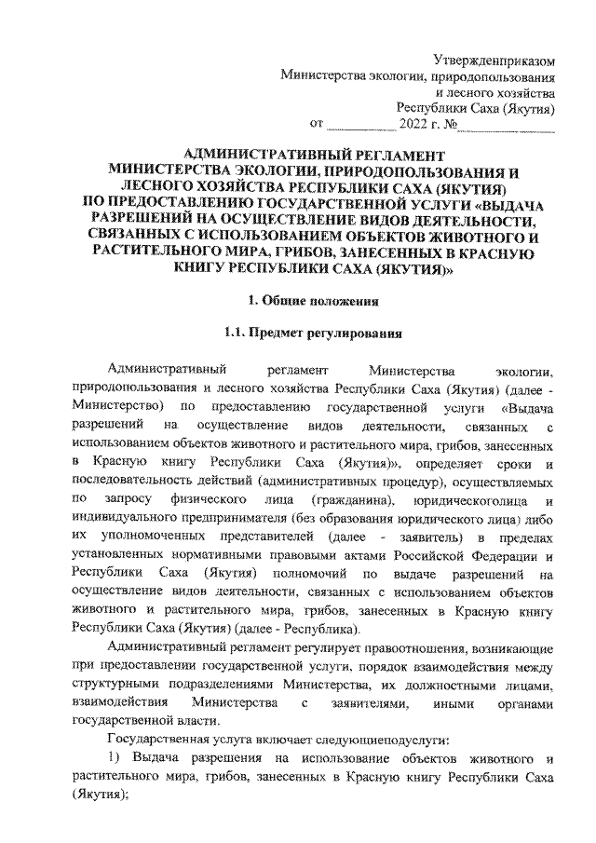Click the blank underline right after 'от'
tap(362, 122)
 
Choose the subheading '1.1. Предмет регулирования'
tap(313, 332)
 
